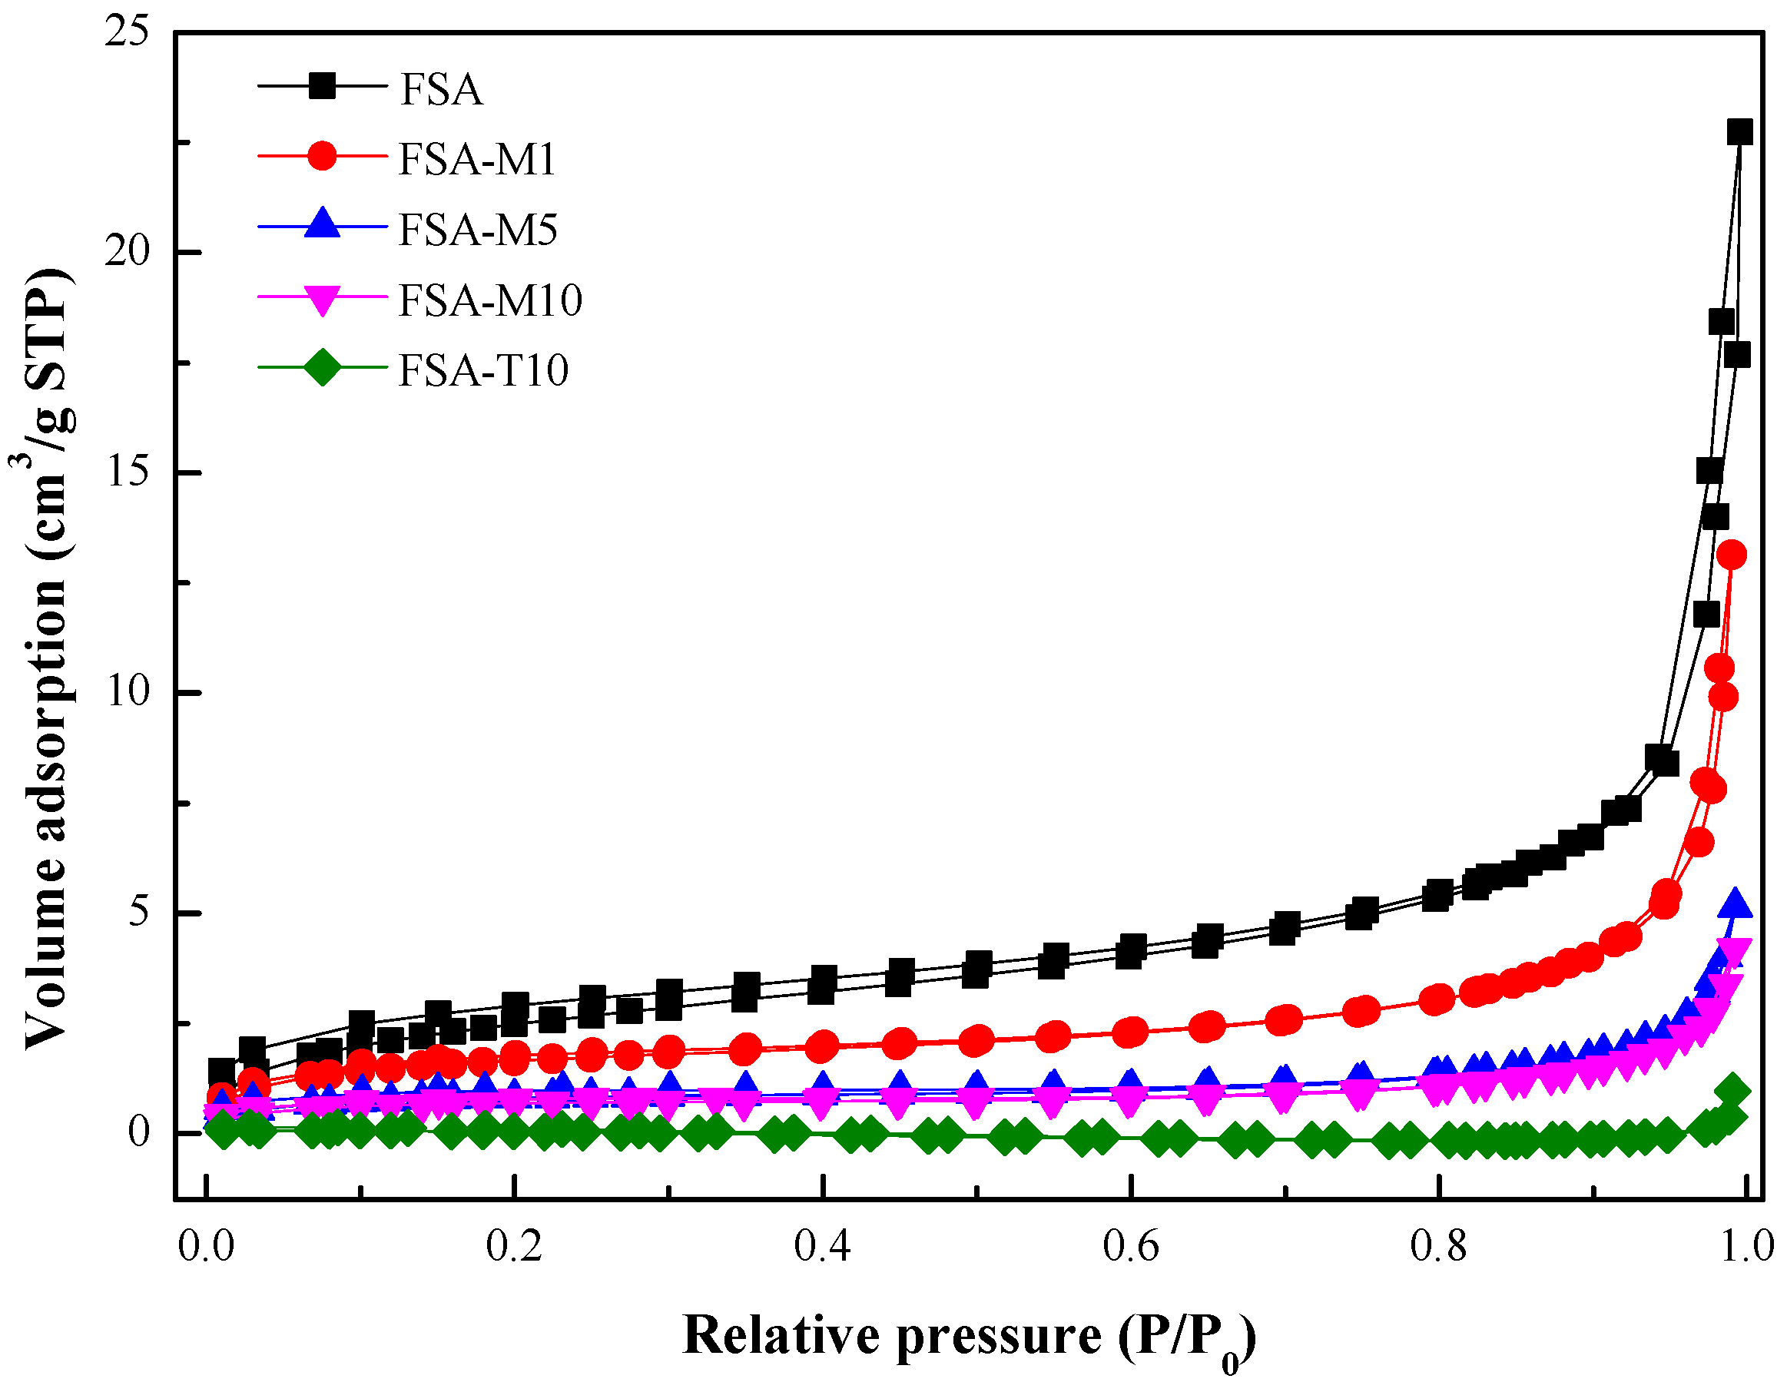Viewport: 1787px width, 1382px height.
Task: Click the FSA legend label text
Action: click(x=441, y=89)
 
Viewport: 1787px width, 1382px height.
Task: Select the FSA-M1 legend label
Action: click(x=477, y=159)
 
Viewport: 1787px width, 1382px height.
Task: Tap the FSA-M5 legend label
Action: click(x=478, y=230)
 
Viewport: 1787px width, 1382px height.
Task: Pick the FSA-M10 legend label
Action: click(x=490, y=300)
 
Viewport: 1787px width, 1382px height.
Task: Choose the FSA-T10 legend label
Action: click(x=483, y=371)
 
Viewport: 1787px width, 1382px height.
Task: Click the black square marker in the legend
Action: click(x=323, y=86)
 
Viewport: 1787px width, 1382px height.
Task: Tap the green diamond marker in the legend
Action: click(x=323, y=367)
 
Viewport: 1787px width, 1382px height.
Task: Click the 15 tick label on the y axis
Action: click(x=128, y=472)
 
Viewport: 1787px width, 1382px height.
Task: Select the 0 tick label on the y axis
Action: click(x=139, y=1132)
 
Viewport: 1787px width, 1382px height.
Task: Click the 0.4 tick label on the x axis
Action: click(x=821, y=1247)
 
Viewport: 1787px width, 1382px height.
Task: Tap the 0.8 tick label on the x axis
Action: click(x=1437, y=1247)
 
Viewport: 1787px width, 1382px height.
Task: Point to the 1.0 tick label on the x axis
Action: click(x=1746, y=1247)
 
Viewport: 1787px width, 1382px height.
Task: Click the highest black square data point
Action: click(x=1739, y=131)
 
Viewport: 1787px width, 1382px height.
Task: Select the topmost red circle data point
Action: click(x=1732, y=555)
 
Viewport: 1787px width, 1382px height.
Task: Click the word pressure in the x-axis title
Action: click(x=999, y=1335)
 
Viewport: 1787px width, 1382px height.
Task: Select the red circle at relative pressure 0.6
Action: click(x=1131, y=1032)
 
